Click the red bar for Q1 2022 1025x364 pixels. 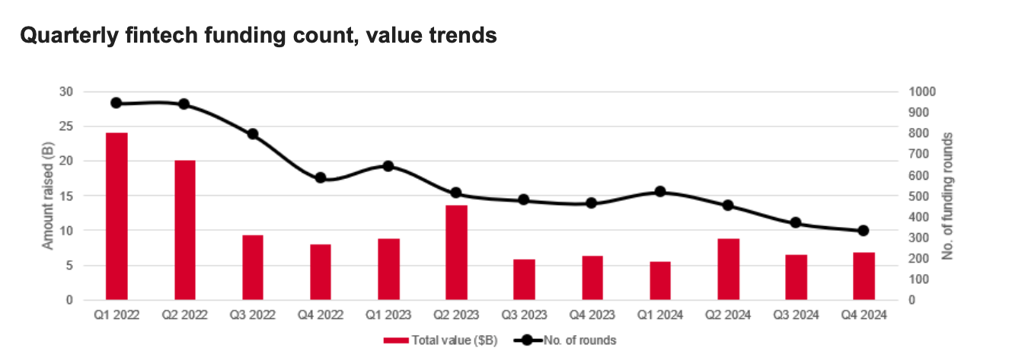pyautogui.click(x=117, y=216)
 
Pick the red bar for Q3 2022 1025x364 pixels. pyautogui.click(x=253, y=267)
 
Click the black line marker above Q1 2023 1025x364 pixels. pyautogui.click(x=388, y=166)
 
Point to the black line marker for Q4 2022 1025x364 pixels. pyautogui.click(x=321, y=178)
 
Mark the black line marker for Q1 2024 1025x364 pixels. pyautogui.click(x=660, y=192)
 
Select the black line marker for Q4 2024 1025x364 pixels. pyautogui.click(x=864, y=231)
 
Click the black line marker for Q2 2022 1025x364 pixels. pyautogui.click(x=184, y=104)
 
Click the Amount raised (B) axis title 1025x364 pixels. pyautogui.click(x=47, y=196)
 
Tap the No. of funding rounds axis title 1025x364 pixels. pyautogui.click(x=948, y=196)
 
